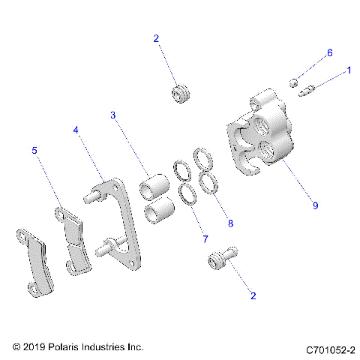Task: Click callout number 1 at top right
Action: tap(348, 71)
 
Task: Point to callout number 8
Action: tap(230, 223)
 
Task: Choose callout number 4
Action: tap(76, 130)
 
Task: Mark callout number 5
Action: tap(34, 150)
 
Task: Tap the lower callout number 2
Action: tap(253, 295)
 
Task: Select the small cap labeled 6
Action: tap(295, 81)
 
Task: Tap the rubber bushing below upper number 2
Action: tap(180, 96)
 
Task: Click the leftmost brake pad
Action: tap(31, 259)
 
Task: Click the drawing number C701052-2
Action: tap(330, 349)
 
